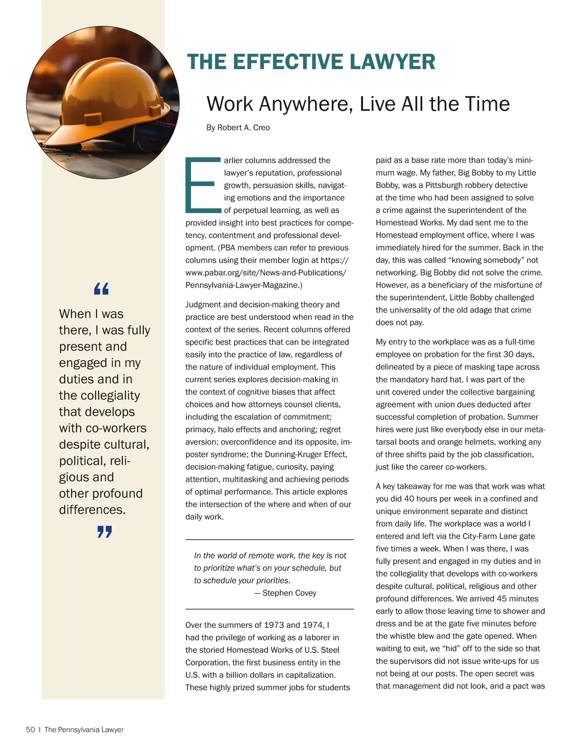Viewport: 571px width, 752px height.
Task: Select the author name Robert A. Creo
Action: tap(244, 127)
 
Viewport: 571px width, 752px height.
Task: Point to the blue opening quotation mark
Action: tap(101, 288)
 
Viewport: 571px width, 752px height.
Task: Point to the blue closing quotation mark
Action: tap(104, 531)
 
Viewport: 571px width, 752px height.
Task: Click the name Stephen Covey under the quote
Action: tap(289, 593)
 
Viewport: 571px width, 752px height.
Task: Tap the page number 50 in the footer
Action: tap(30, 730)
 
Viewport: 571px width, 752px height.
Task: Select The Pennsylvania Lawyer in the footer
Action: tap(84, 730)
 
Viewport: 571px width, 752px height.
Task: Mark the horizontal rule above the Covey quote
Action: tap(269, 540)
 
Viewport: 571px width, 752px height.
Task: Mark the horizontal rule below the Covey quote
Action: tap(269, 609)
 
